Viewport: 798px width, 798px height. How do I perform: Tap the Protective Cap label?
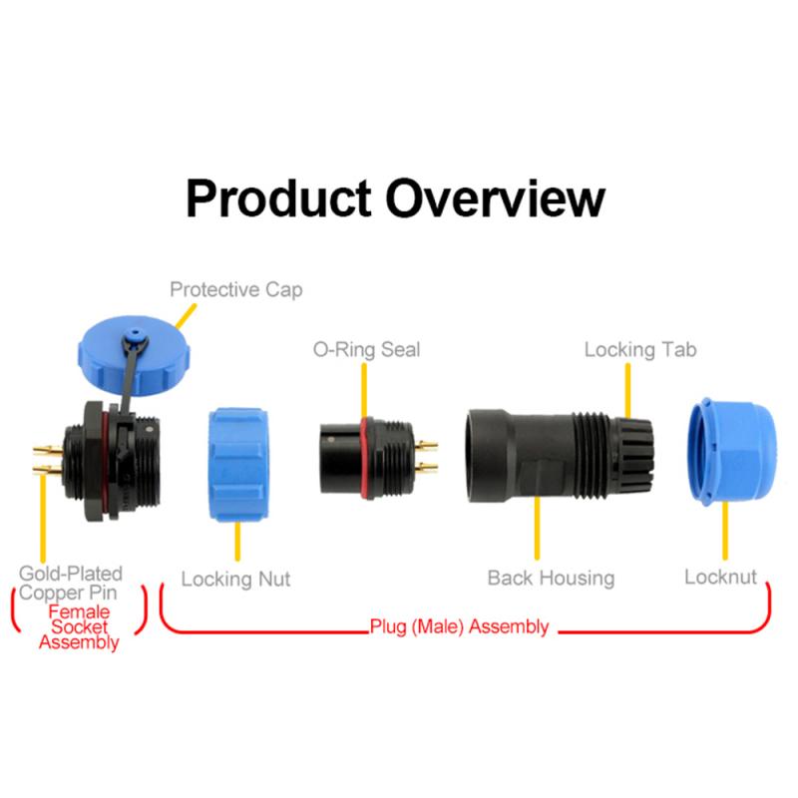(x=235, y=289)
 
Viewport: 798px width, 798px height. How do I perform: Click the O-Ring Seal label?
(x=366, y=349)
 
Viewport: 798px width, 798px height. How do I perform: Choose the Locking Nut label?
(x=235, y=579)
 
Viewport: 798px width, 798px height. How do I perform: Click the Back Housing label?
(x=551, y=578)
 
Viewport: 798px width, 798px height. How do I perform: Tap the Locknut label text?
(x=720, y=577)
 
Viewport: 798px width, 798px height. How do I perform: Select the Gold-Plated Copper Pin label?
(x=71, y=584)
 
